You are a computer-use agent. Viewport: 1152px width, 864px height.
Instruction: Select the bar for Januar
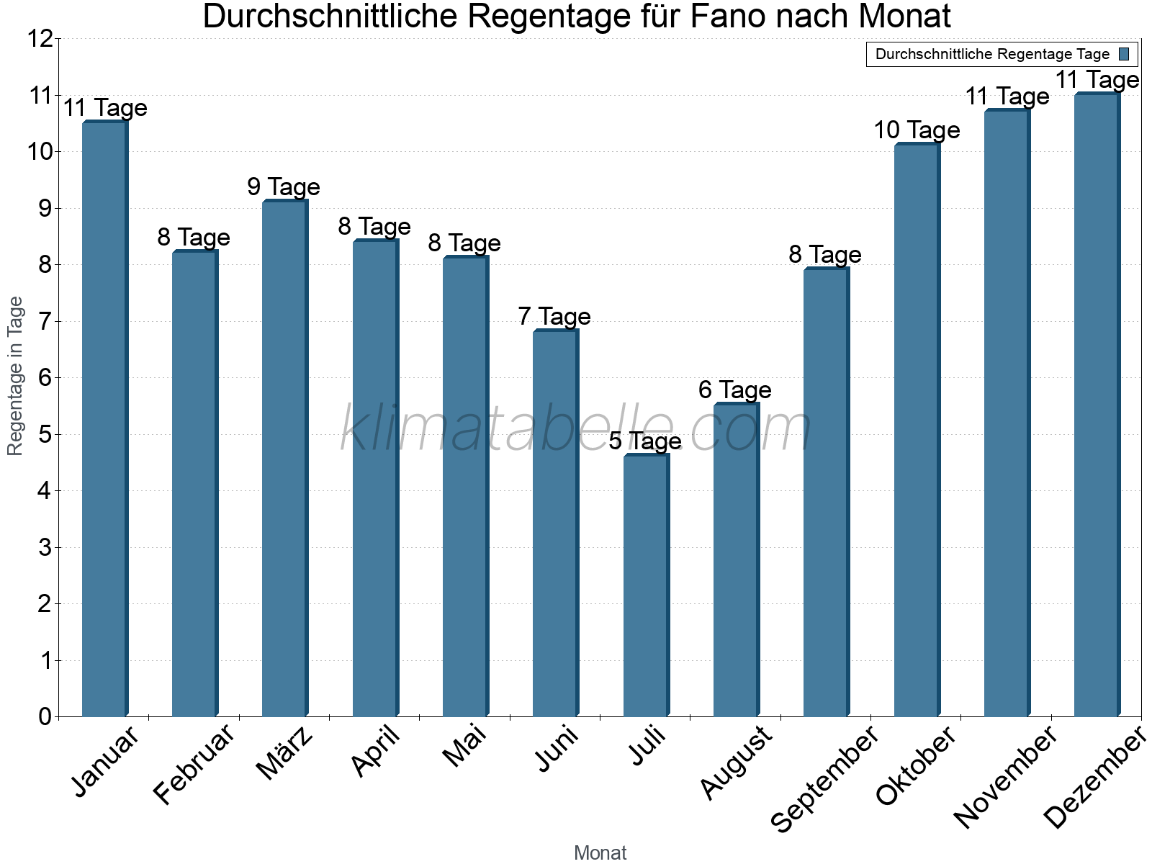click(104, 419)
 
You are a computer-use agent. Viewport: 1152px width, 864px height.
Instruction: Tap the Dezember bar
click(1097, 405)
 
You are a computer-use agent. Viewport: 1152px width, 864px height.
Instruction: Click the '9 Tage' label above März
click(284, 187)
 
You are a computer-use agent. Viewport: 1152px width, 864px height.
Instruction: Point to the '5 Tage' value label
click(645, 441)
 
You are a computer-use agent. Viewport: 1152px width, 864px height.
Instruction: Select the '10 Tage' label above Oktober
click(917, 130)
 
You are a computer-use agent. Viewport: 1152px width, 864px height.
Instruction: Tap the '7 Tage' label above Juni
click(554, 317)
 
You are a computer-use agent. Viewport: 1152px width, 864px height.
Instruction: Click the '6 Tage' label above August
click(735, 390)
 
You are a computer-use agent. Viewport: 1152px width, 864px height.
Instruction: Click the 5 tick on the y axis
click(45, 435)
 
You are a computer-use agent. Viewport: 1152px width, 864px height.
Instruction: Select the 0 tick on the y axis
click(45, 716)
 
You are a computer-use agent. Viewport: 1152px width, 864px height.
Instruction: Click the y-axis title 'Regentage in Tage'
click(16, 376)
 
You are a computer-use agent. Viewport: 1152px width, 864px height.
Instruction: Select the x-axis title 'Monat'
click(600, 852)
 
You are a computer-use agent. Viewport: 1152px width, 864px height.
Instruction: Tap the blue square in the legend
click(1124, 54)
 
